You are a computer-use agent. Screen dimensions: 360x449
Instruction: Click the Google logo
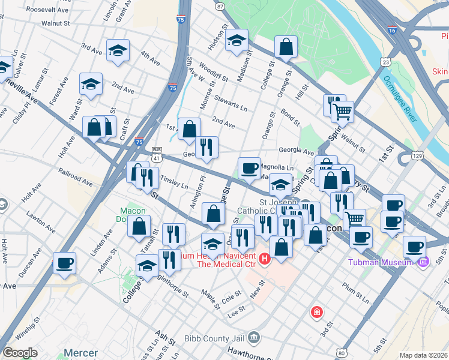[20, 353]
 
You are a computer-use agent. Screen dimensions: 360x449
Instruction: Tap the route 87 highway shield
[220, 6]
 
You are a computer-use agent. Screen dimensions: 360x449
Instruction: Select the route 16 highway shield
[391, 29]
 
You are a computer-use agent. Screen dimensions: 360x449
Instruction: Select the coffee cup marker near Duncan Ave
[64, 262]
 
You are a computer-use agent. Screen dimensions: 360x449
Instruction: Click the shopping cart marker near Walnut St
[342, 111]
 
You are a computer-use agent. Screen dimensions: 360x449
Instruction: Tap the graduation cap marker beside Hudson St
[237, 40]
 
